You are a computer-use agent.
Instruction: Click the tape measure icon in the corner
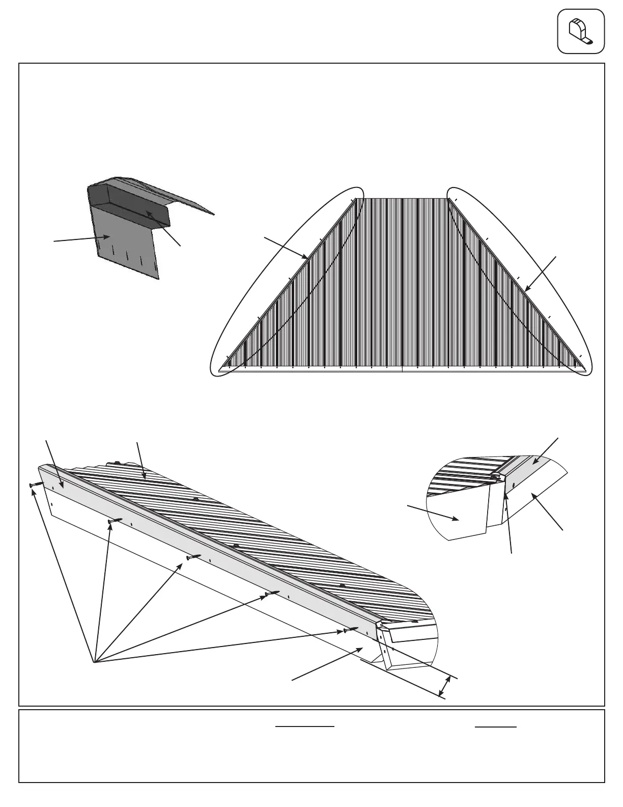click(x=581, y=31)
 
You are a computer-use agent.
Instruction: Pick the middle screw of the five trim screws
click(x=194, y=557)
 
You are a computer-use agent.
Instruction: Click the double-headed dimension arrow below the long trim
click(x=445, y=686)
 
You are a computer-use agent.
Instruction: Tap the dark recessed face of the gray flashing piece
click(x=148, y=213)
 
